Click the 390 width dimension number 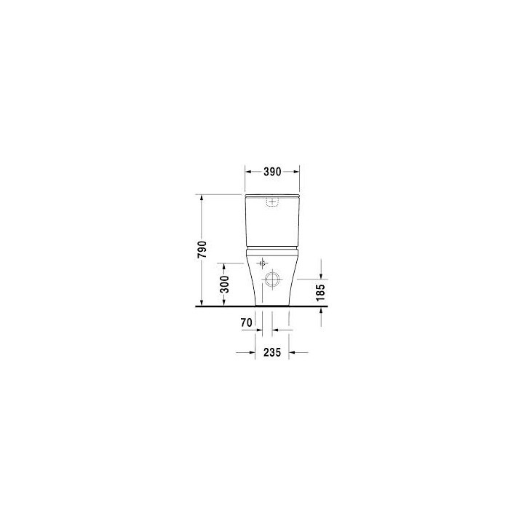coord(272,172)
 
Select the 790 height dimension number coord(202,249)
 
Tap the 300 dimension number coord(225,285)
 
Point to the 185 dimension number coord(320,293)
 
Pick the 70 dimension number coord(246,323)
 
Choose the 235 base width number coord(272,352)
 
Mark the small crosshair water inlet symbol coord(262,263)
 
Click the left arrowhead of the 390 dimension coord(248,172)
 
